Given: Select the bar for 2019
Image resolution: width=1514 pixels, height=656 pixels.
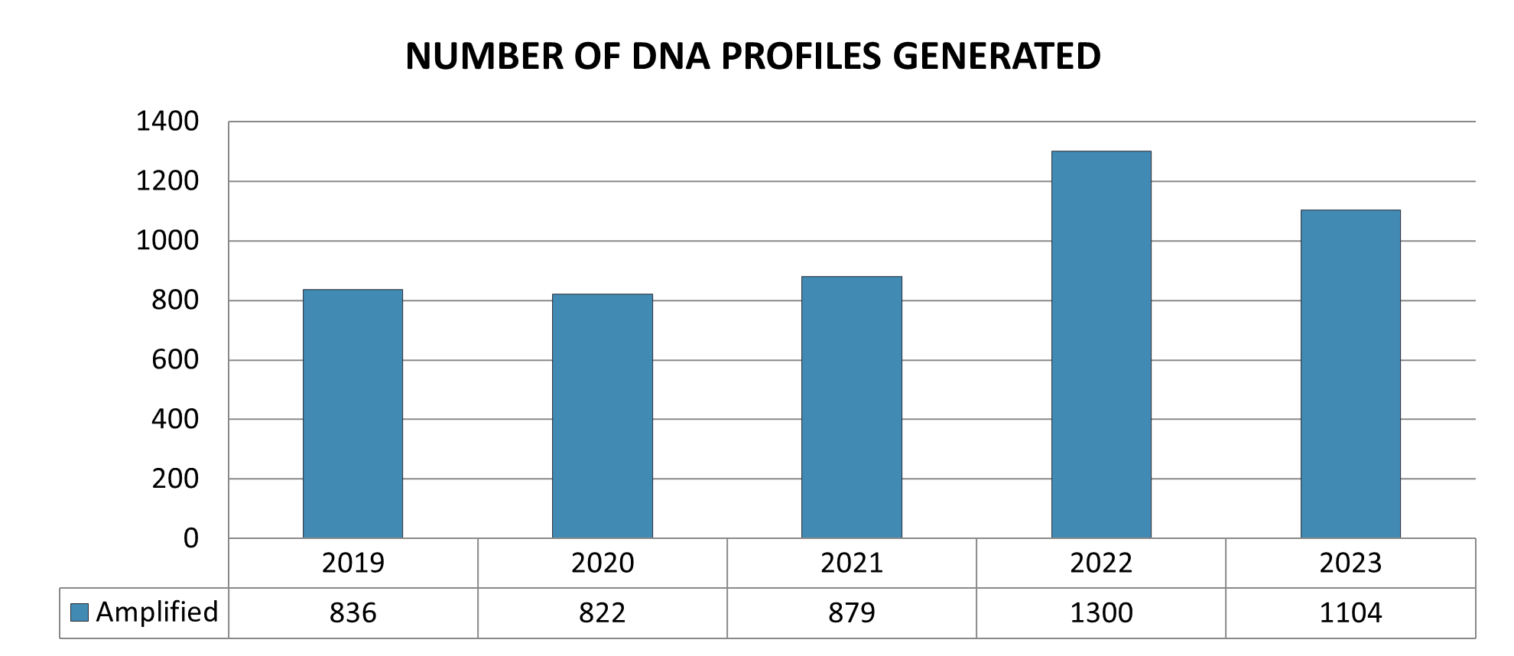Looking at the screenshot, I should (x=353, y=414).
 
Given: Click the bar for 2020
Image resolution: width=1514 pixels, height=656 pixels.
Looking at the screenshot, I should (x=603, y=416).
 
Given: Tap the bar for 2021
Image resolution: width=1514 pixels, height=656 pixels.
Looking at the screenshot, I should (x=852, y=408).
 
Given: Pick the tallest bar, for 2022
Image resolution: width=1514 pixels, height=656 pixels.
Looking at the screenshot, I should (x=1101, y=345).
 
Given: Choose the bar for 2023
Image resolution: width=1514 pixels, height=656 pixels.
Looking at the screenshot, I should (x=1350, y=374).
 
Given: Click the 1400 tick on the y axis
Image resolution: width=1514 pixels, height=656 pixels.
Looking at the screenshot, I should (x=167, y=122).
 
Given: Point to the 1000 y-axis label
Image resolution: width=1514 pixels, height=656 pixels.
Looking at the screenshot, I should (x=167, y=241).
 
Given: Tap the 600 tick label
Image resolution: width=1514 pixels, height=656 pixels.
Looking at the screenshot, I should (x=175, y=360).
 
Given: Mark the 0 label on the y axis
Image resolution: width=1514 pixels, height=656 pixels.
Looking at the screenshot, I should (x=190, y=539).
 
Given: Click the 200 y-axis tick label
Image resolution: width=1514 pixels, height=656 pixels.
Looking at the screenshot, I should (x=175, y=479).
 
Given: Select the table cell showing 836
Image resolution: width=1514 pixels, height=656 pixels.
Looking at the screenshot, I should (x=353, y=613).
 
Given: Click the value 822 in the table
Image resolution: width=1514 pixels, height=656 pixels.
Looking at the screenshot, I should (x=603, y=613).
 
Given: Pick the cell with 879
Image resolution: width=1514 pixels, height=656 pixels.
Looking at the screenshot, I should (x=852, y=613).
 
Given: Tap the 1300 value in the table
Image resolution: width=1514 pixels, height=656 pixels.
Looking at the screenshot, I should (x=1101, y=613).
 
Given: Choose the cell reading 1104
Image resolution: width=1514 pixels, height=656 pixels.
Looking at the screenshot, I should (x=1350, y=613).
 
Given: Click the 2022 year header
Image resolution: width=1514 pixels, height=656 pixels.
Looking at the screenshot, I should (x=1101, y=563).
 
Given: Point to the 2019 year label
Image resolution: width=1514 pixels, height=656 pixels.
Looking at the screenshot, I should (x=353, y=563).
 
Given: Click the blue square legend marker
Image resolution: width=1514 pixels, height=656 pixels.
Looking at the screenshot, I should (x=80, y=612).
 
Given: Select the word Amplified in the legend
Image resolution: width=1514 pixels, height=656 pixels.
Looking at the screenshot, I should (x=157, y=612).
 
